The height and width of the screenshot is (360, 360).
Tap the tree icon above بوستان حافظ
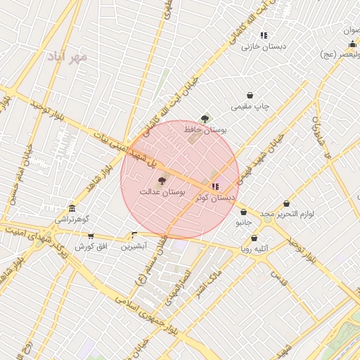coord(205,119)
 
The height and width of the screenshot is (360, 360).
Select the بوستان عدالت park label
coord(162,191)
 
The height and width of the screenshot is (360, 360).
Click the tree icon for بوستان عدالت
coord(162,181)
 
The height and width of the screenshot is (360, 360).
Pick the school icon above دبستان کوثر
coord(215,187)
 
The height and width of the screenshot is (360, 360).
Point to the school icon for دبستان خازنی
coord(264,35)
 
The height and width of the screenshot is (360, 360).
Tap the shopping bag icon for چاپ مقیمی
coord(250,95)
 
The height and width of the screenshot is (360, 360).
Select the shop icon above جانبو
coord(243,212)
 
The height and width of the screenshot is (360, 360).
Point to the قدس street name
coord(280,279)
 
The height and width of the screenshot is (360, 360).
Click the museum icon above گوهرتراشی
coord(72,209)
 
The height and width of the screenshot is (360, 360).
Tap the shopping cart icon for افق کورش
coord(90,236)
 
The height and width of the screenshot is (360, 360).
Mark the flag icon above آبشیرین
coord(134,236)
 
